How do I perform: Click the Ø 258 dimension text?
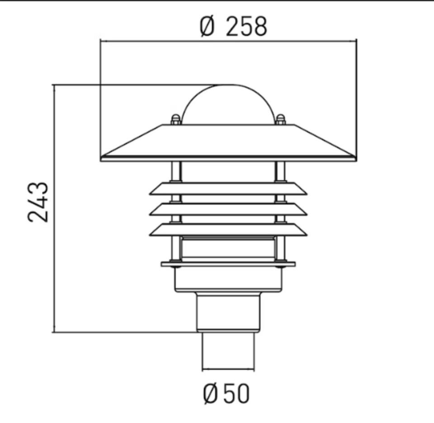pos(233,27)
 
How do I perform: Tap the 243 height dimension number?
pos(38,202)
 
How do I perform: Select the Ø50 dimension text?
pos(226,393)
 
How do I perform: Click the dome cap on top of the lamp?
pos(228,104)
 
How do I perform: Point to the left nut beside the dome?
pos(175,120)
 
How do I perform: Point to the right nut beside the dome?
pos(280,120)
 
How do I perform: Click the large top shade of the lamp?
pos(228,143)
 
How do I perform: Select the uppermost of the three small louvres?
pos(228,189)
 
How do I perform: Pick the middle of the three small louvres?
pos(228,209)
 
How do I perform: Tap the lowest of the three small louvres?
pos(228,230)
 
